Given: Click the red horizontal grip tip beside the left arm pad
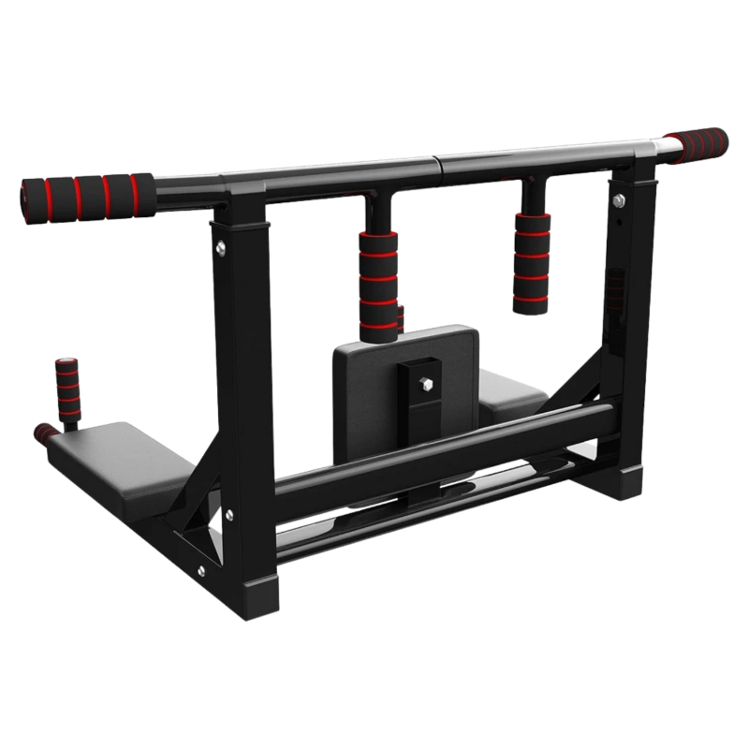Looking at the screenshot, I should click(43, 433).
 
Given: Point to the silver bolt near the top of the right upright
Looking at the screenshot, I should click(618, 198).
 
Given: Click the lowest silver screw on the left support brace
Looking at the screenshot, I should click(200, 567).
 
